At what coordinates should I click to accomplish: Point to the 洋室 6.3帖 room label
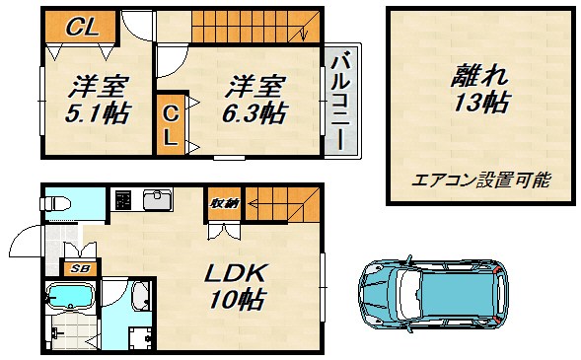pos(252,99)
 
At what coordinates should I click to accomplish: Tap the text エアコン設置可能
pos(480,180)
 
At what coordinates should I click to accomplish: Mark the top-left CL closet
pos(82,28)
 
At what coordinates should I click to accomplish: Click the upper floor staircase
pos(256,26)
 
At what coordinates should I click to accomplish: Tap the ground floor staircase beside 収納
pos(282,202)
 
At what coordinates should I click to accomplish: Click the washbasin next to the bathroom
pos(138,294)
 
